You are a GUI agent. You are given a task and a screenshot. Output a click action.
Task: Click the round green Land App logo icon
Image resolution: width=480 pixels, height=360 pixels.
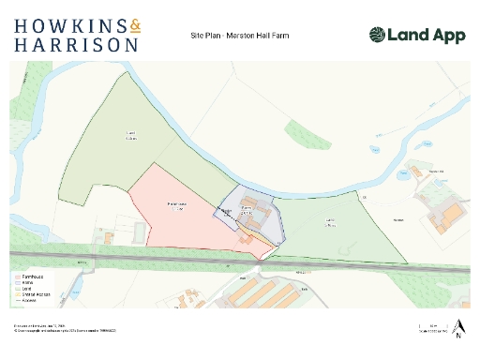click(376, 35)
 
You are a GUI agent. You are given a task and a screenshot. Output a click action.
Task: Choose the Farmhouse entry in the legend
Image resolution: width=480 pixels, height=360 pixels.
click(31, 277)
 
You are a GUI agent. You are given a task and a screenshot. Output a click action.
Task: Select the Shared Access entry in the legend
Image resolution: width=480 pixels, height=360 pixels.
click(34, 295)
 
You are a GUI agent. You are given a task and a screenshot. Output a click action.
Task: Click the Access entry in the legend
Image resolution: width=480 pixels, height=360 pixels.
click(28, 301)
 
